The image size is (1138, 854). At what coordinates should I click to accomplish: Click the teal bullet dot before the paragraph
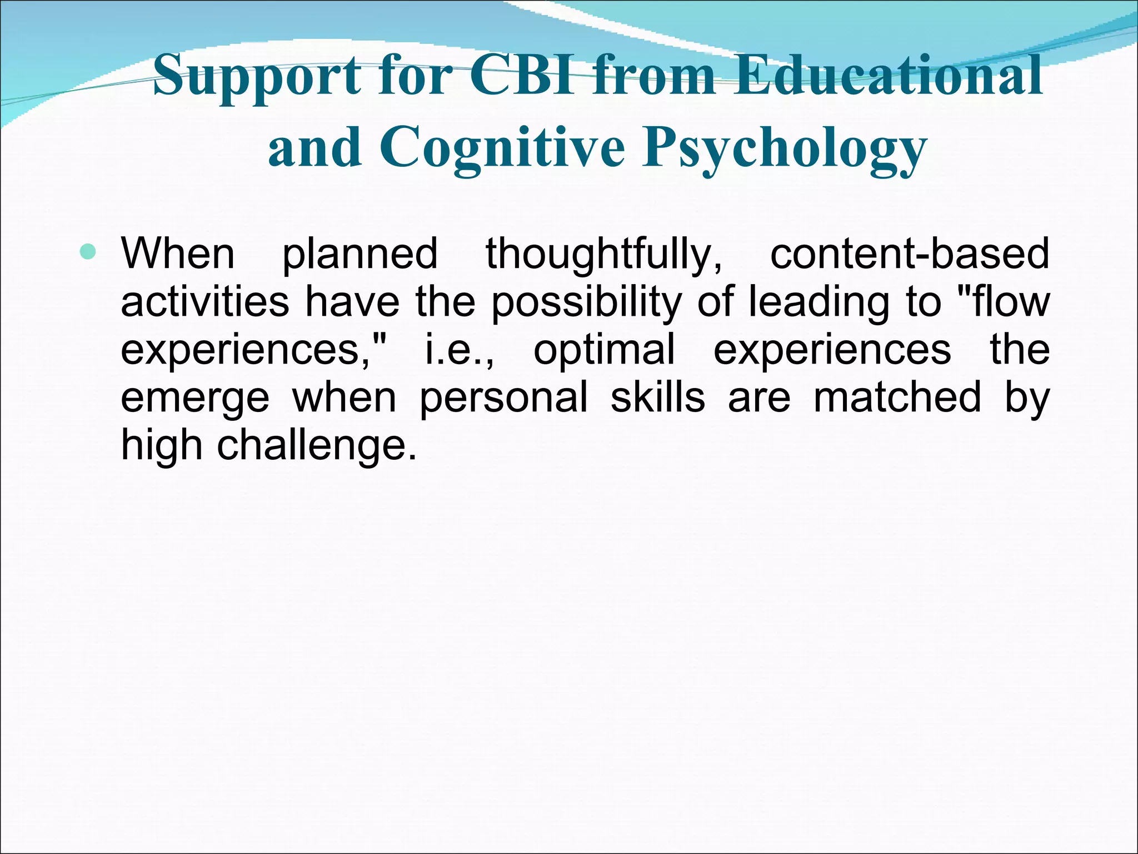coord(88,253)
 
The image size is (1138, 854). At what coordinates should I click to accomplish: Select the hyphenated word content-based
coord(910,253)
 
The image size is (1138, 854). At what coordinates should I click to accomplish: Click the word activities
coord(205,301)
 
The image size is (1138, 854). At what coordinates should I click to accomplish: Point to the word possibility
coord(586,302)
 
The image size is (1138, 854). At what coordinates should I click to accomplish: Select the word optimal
coord(605,350)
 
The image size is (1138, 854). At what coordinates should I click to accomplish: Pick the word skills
coord(658,397)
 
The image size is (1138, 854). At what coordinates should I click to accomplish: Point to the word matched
coord(897,397)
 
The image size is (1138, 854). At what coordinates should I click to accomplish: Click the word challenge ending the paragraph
coord(315,445)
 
